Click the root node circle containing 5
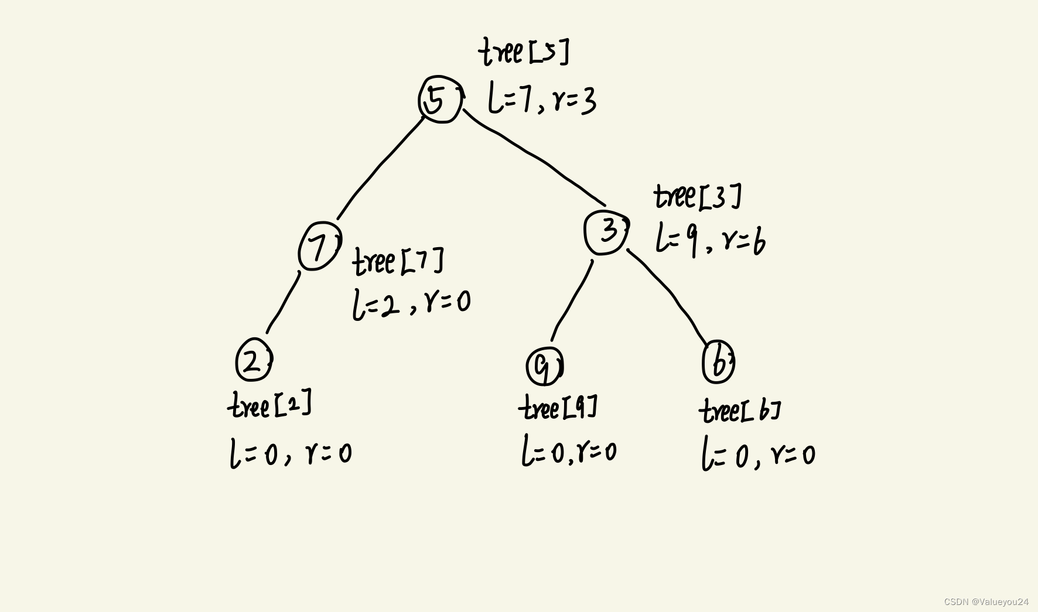pos(440,100)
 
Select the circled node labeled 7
pos(319,247)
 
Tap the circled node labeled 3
pos(606,232)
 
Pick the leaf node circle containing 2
pos(254,360)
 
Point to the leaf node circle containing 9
pos(544,365)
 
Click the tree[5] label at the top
pos(524,52)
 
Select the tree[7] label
pos(398,261)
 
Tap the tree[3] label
pos(697,197)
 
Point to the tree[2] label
pos(269,405)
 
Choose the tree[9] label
pos(558,407)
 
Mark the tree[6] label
pos(739,411)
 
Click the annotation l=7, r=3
pos(542,100)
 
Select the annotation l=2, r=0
pos(411,303)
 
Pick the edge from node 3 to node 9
pos(572,300)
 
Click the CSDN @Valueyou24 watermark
pos(986,601)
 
